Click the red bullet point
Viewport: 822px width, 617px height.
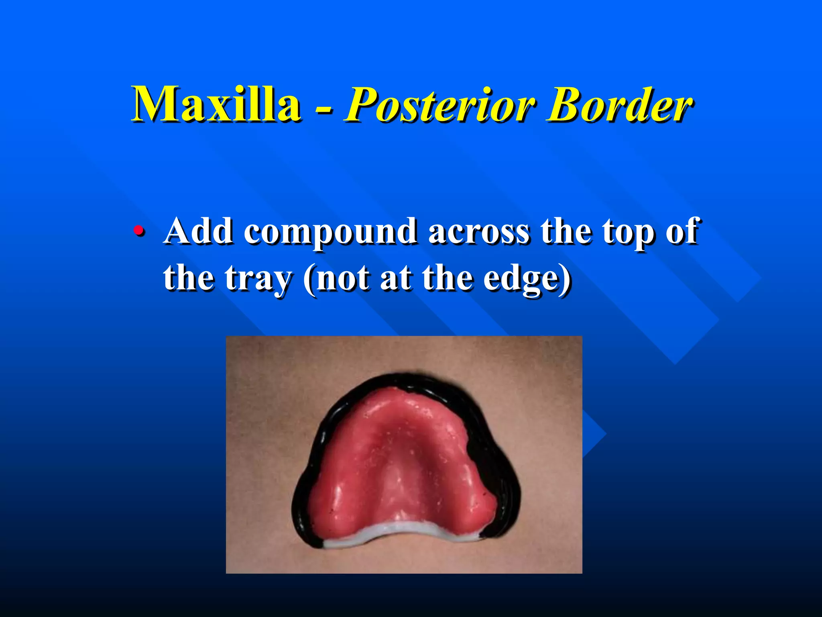[x=138, y=232]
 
